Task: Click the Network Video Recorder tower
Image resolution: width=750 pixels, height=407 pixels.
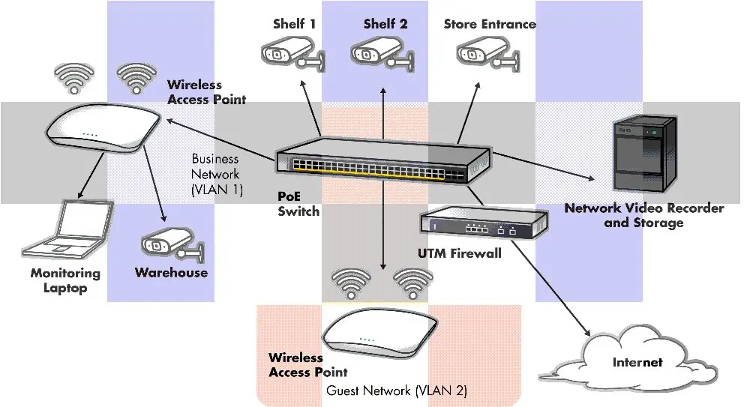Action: pos(643,153)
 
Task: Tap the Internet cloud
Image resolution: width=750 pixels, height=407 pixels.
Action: pos(637,363)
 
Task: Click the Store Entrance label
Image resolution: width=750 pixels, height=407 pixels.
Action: pos(490,24)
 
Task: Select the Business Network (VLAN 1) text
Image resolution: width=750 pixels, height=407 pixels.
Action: pos(216,175)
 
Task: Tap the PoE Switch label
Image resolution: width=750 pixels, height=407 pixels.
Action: pos(298,204)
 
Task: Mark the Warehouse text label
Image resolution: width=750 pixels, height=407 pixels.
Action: pos(171,273)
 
